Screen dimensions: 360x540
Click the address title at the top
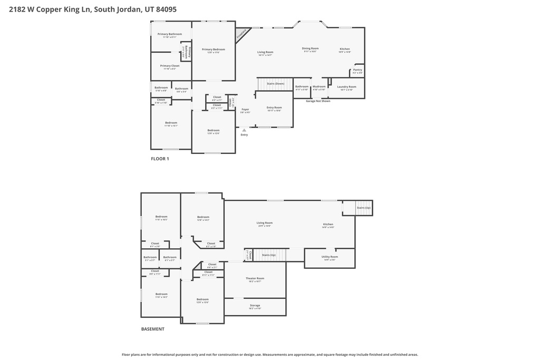(89, 9)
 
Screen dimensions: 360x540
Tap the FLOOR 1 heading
(160, 159)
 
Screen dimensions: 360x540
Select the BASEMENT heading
(152, 329)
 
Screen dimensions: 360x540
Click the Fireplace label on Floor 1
(242, 34)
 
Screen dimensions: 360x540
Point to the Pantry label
(358, 70)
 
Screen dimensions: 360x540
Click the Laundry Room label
(346, 86)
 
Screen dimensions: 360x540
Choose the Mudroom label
(319, 86)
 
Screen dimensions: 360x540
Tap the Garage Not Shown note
(318, 101)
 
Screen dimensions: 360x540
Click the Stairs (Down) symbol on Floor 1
(275, 84)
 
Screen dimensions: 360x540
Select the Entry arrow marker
(244, 130)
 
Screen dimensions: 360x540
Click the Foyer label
(245, 109)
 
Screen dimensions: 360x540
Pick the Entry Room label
(274, 108)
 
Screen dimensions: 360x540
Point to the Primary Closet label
(170, 66)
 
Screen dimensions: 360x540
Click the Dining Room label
(310, 48)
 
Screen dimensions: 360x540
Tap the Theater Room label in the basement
(255, 278)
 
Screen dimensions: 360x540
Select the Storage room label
(255, 306)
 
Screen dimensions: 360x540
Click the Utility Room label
(330, 257)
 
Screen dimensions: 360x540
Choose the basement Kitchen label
(328, 224)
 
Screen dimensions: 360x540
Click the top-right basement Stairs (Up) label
(363, 208)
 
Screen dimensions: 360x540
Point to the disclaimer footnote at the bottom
(270, 355)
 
